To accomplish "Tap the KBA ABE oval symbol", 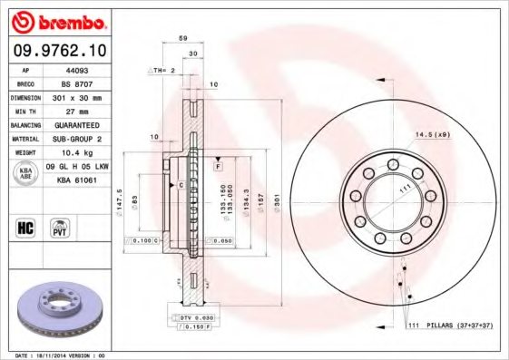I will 27,173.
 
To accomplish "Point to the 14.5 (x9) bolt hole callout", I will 432,134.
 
